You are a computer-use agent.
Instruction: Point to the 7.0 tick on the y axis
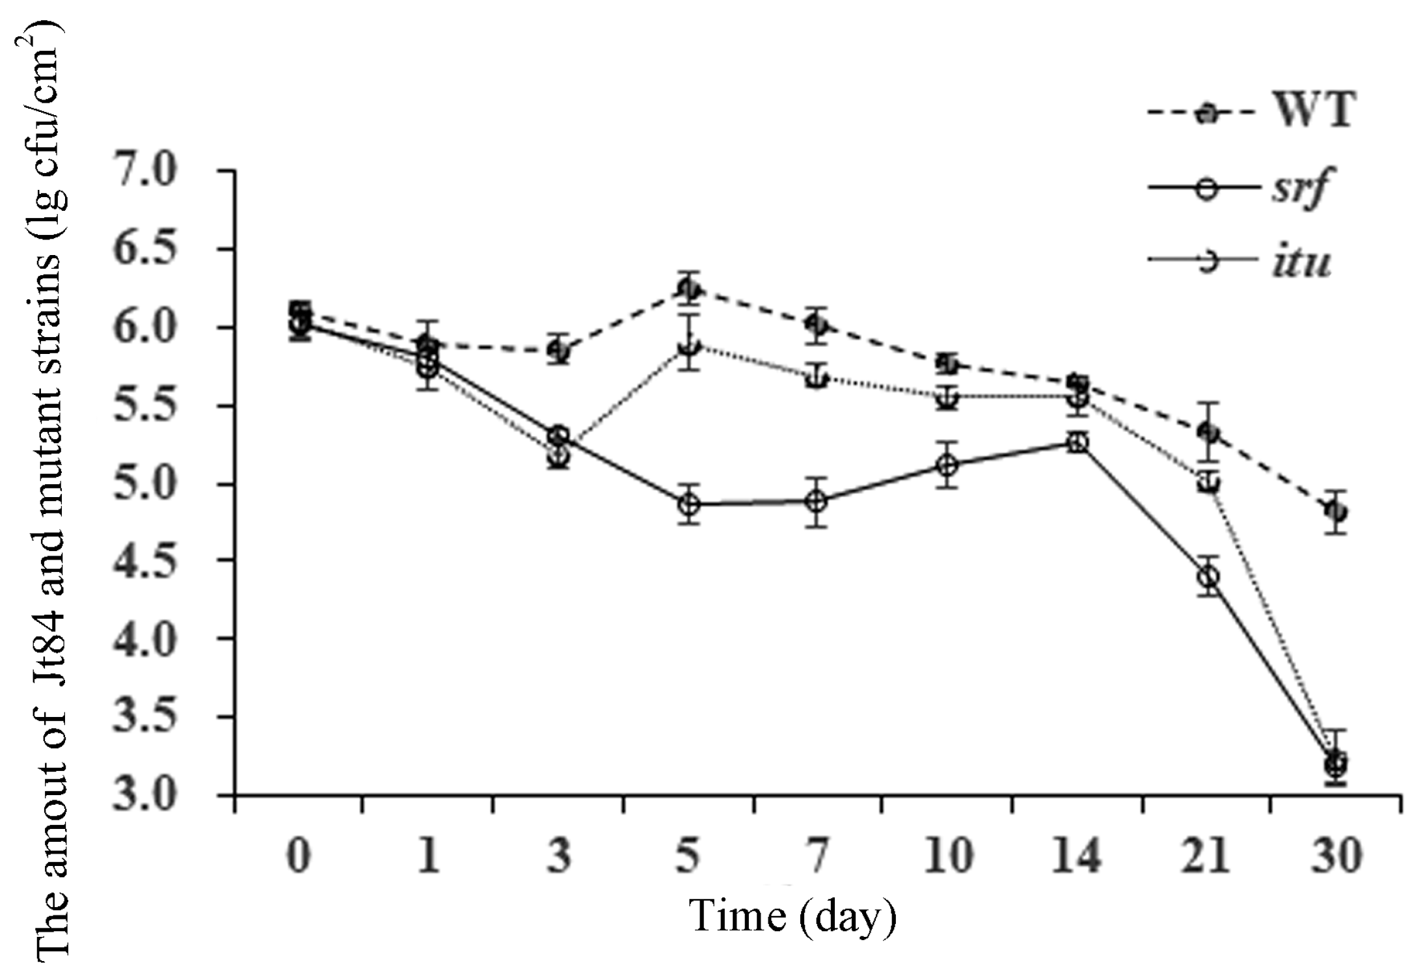click(145, 171)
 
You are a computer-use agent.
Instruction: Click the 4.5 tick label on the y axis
click(145, 561)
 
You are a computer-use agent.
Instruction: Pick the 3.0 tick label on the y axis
click(145, 795)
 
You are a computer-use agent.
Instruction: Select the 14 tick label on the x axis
click(1077, 856)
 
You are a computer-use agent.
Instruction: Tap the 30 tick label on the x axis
click(1337, 856)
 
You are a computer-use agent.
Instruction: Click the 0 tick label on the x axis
click(299, 856)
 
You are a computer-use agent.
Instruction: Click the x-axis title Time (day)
click(793, 916)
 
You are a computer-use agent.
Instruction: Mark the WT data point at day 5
click(689, 288)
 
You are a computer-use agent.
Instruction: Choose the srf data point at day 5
click(689, 504)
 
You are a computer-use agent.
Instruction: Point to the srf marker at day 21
click(1208, 576)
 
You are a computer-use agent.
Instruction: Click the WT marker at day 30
click(1337, 511)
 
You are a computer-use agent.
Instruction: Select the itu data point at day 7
click(819, 378)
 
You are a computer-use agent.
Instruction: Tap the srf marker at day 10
click(949, 465)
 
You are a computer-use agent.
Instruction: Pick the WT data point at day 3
click(559, 351)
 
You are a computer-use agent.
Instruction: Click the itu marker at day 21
click(1208, 482)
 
